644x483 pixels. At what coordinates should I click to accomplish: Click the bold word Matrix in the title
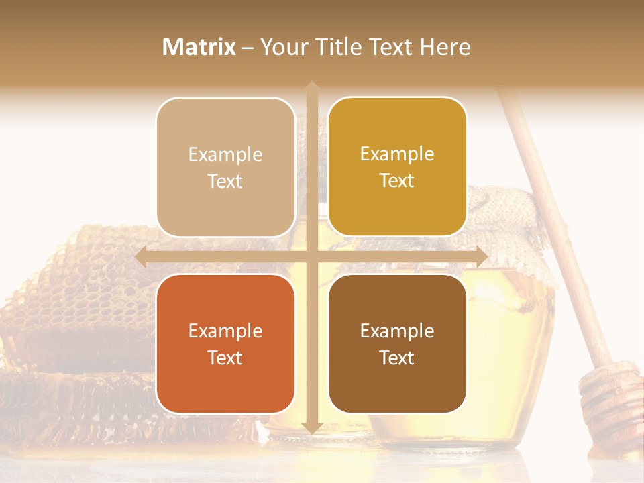click(x=199, y=47)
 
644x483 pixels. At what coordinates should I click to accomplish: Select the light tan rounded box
click(x=225, y=167)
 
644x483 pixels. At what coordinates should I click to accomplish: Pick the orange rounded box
click(x=225, y=343)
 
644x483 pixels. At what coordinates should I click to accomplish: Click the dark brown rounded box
click(x=397, y=343)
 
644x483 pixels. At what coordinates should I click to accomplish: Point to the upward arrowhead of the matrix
click(x=311, y=86)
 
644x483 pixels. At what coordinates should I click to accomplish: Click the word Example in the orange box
click(x=225, y=331)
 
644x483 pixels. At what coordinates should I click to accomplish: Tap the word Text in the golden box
click(x=397, y=180)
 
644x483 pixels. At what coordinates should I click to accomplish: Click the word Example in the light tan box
click(x=225, y=154)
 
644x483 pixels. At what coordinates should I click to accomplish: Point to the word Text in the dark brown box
click(x=397, y=358)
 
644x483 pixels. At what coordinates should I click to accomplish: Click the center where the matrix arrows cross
click(x=311, y=256)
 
